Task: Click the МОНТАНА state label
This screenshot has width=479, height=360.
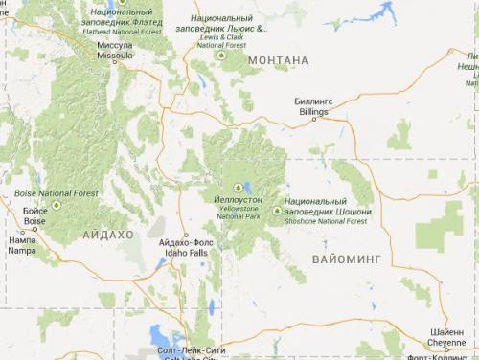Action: [278, 60]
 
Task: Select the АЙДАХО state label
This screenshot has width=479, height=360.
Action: [108, 235]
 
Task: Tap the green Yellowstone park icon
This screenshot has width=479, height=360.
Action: [238, 188]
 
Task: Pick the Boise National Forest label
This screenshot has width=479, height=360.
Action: [56, 193]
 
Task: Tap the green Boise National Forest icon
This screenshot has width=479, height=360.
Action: [56, 205]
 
